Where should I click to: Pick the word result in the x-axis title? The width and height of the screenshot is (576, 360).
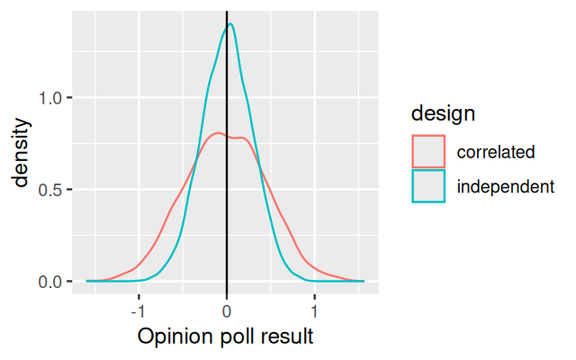click(287, 337)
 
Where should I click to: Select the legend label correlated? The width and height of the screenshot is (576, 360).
click(496, 151)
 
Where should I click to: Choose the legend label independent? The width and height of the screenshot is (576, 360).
click(504, 186)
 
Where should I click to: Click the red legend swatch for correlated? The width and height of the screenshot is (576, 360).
click(429, 151)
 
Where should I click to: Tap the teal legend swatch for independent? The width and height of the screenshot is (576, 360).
click(429, 186)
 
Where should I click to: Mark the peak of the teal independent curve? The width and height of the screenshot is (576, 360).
click(230, 24)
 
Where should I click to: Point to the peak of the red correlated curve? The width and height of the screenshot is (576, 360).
click(217, 133)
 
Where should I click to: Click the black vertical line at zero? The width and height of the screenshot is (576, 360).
click(226, 207)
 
